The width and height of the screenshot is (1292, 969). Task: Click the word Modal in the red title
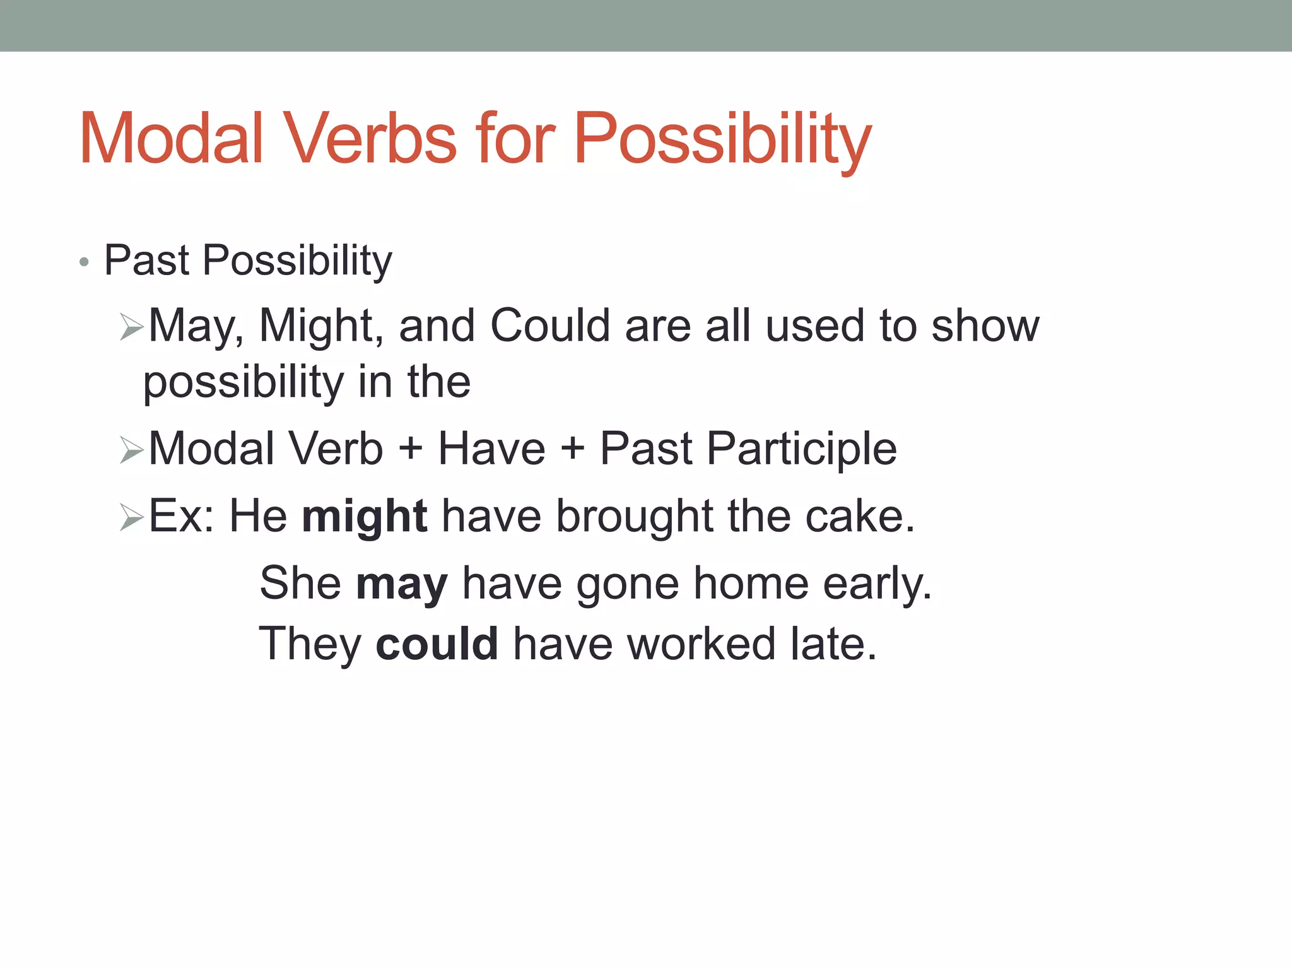(x=170, y=139)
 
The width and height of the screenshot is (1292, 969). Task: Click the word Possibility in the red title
(x=722, y=139)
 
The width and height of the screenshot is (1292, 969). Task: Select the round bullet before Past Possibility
(x=84, y=262)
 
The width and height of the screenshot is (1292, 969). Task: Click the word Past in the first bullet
(x=146, y=260)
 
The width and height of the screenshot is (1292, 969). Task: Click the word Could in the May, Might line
(x=550, y=326)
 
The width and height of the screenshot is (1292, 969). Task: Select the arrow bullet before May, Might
(x=132, y=327)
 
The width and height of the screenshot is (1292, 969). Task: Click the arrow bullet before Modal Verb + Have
(x=132, y=450)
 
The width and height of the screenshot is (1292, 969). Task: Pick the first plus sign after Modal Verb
(x=411, y=449)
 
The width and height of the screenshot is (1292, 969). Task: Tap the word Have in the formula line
(x=491, y=449)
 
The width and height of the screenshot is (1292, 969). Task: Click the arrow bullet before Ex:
(x=132, y=518)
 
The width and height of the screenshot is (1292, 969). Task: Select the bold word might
(x=365, y=517)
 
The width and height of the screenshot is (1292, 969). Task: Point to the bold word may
(x=402, y=584)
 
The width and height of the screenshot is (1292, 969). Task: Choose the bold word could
(x=437, y=644)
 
